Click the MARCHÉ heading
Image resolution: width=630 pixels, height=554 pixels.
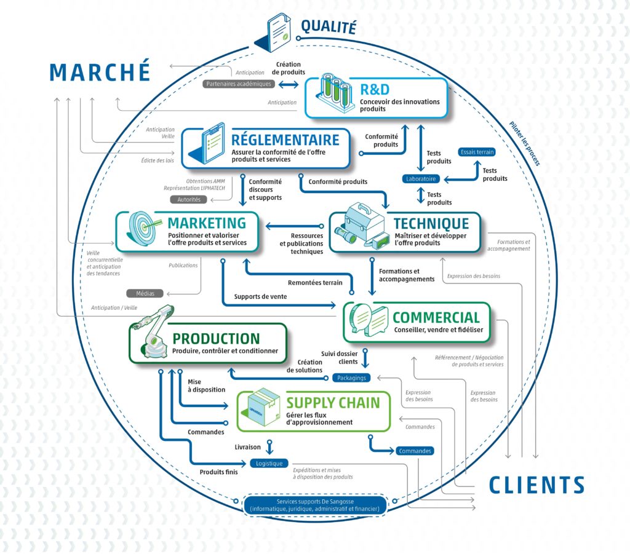click(x=100, y=71)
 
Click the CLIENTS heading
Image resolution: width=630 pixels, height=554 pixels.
click(x=536, y=485)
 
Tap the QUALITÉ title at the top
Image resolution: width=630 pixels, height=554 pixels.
click(x=328, y=26)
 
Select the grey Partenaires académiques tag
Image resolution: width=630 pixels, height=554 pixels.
click(x=239, y=84)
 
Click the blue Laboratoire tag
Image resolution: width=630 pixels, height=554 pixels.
click(x=421, y=179)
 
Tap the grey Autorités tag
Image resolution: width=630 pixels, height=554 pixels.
click(x=189, y=200)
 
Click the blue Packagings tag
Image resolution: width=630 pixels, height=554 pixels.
click(x=351, y=378)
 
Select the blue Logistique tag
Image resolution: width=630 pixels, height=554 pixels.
click(x=268, y=463)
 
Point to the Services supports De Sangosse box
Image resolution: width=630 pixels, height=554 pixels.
click(x=314, y=505)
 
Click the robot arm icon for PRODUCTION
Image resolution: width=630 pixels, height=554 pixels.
click(x=152, y=336)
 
